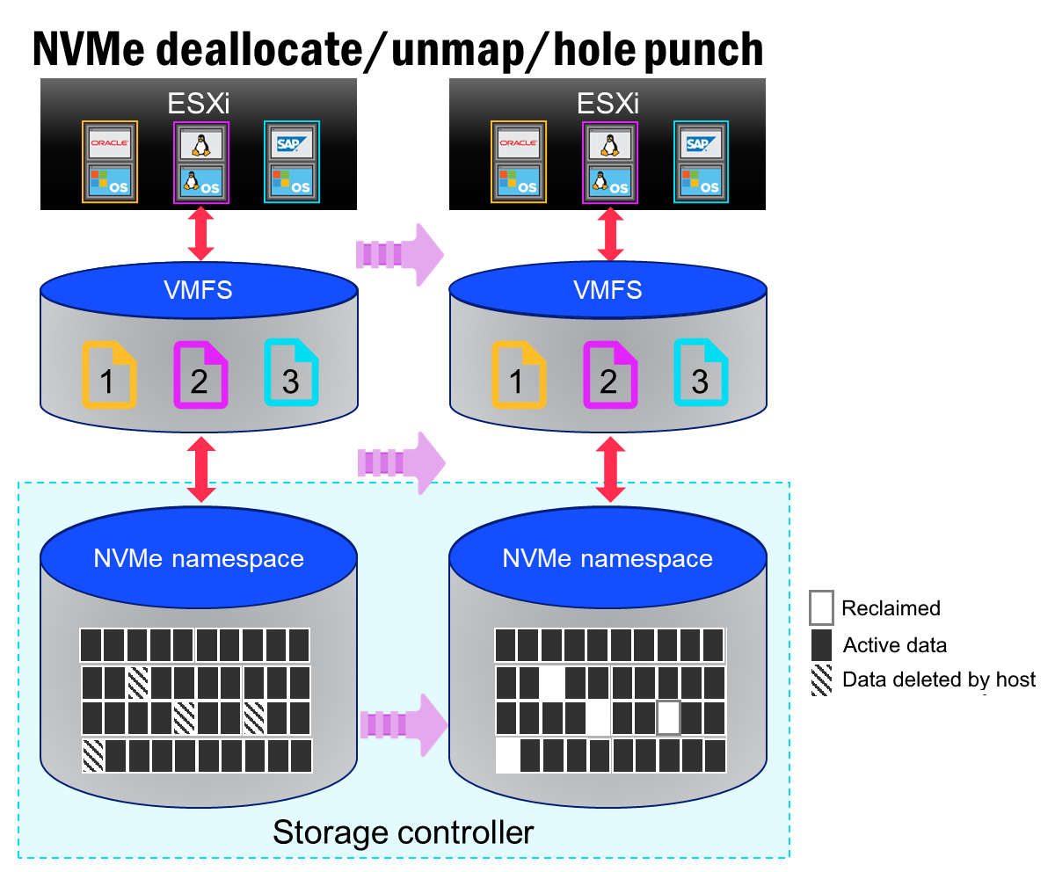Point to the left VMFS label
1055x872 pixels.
[x=198, y=289]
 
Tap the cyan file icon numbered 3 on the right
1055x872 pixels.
[x=701, y=374]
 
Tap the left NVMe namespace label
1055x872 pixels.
[x=199, y=558]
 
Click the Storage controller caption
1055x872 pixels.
[x=404, y=832]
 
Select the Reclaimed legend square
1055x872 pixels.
[x=821, y=607]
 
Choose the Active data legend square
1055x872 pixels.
[x=821, y=644]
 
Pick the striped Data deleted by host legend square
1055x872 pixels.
[x=821, y=680]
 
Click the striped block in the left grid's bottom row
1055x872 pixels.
[x=92, y=756]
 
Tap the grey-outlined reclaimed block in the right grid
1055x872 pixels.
[x=669, y=717]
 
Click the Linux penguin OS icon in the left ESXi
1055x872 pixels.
[x=201, y=182]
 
